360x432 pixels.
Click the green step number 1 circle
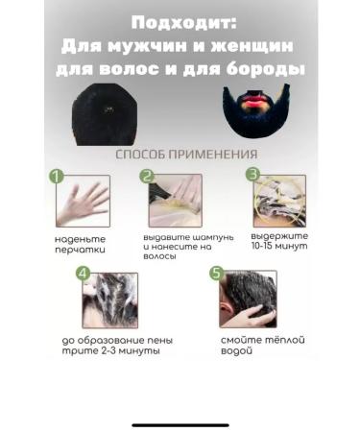tap(57, 178)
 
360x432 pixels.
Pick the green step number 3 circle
tap(252, 175)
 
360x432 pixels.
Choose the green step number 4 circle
tap(84, 275)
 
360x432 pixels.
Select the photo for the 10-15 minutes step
tap(278, 201)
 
